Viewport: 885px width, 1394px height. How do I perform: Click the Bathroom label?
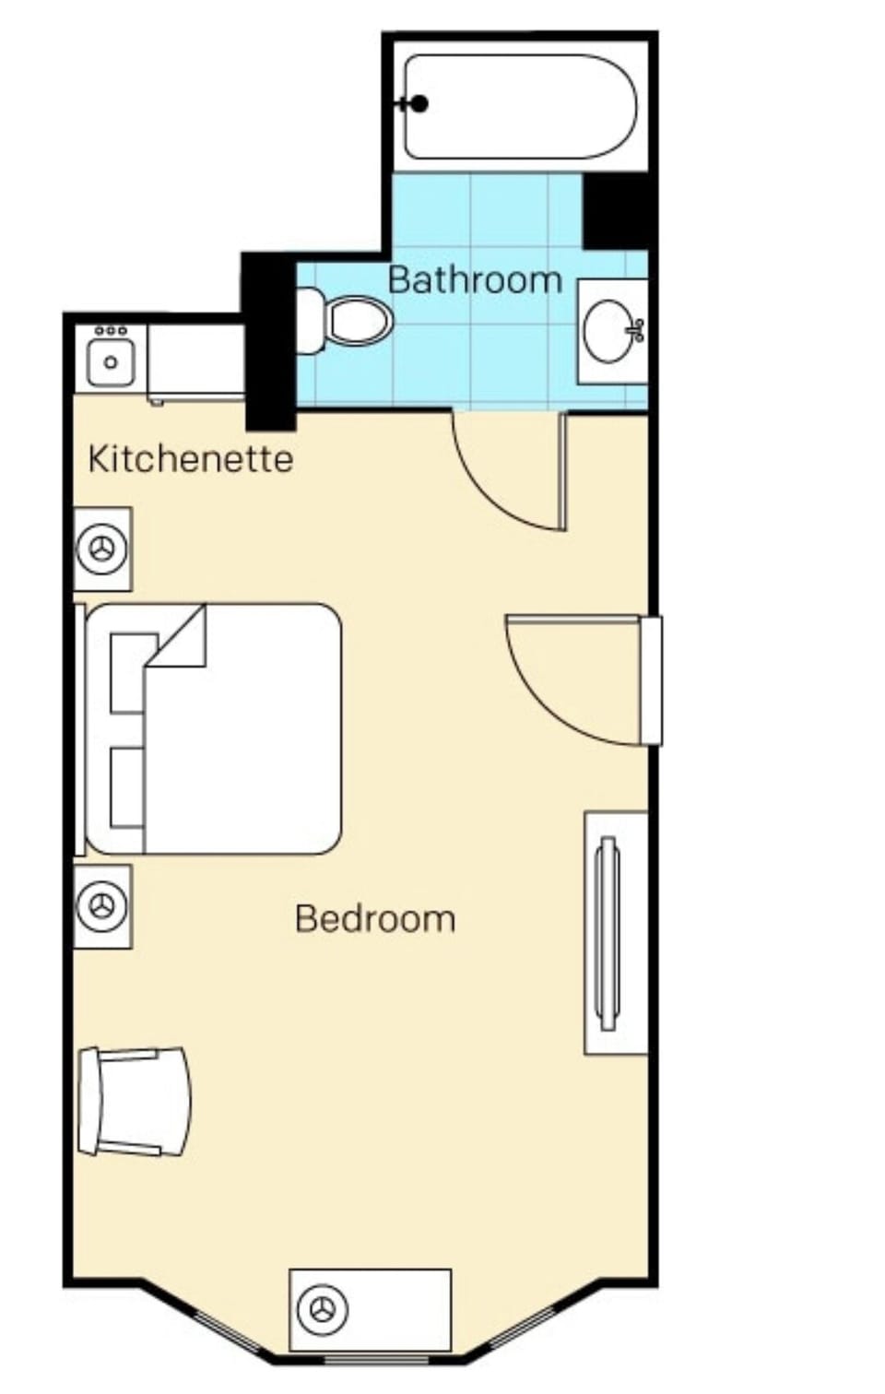coord(475,279)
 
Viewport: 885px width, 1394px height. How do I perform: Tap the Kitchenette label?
coord(190,458)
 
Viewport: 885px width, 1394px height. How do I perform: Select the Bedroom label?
coord(375,918)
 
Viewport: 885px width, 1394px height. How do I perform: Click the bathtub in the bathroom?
coord(520,106)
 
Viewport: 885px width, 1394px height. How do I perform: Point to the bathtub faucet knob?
coord(419,103)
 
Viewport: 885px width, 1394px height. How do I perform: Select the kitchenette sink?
coord(111,361)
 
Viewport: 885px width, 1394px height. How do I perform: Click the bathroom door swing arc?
coord(498,489)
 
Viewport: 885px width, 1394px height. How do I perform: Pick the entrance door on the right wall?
coord(651,680)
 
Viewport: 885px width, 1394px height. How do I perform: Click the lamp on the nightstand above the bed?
coord(102,549)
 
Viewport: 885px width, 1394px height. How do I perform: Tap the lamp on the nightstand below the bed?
coord(102,906)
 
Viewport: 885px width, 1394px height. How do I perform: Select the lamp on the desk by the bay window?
coord(322,1309)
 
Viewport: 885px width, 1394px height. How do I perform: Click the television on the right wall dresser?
coord(607,933)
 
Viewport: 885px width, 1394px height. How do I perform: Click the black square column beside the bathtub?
coord(616,211)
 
